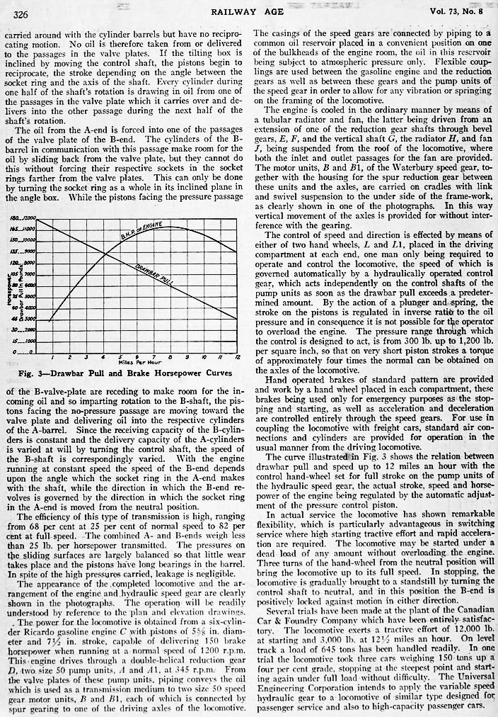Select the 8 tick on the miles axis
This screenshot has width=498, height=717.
coord(168,356)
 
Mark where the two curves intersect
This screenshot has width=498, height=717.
coord(104,254)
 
